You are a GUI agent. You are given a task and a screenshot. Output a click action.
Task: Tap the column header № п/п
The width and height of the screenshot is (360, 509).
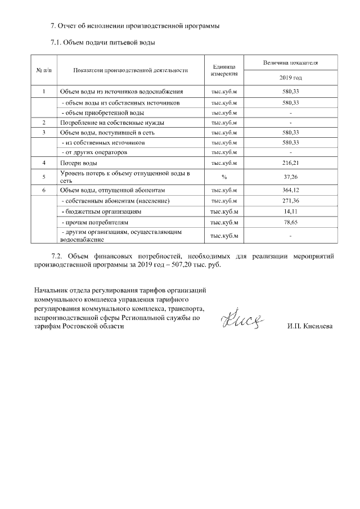[x=44, y=70]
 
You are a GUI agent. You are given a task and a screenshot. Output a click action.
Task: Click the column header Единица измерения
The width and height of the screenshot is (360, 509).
[x=224, y=70]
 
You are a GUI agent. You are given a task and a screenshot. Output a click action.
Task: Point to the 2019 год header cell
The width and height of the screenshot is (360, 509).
[x=290, y=77]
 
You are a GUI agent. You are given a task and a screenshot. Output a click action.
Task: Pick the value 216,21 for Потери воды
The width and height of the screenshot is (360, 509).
[x=290, y=163]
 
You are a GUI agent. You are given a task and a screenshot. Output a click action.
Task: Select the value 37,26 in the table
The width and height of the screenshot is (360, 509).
[x=290, y=177]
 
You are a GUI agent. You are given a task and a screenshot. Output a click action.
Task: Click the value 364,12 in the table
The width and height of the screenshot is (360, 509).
[x=290, y=191]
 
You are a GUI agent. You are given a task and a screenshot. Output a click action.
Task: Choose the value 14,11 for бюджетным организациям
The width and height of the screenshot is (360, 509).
[x=290, y=212]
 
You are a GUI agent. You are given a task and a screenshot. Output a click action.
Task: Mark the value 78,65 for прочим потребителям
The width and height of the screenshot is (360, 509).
[x=290, y=223]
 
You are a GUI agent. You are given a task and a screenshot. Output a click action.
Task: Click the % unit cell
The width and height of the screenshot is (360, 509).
[x=224, y=177]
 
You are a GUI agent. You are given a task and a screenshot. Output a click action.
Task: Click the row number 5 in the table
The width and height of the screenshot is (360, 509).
[x=44, y=177]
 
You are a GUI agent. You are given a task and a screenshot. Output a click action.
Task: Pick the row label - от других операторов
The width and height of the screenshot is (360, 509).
[x=94, y=152]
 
